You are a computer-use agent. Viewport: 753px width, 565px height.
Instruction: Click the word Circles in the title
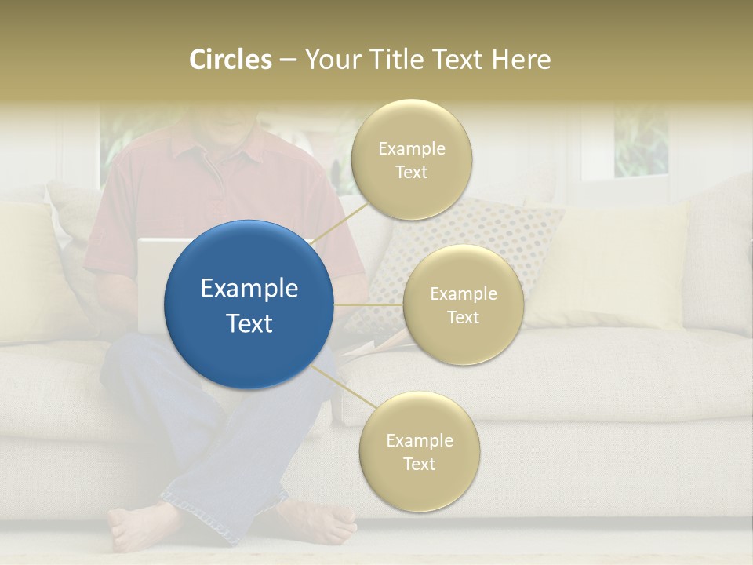[230, 59]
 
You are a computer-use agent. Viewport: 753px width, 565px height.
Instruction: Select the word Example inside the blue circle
[249, 289]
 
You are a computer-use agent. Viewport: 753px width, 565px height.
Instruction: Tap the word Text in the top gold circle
[410, 173]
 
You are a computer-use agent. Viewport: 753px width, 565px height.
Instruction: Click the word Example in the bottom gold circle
[419, 440]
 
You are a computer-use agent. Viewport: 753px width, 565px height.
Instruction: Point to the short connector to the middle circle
[369, 304]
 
